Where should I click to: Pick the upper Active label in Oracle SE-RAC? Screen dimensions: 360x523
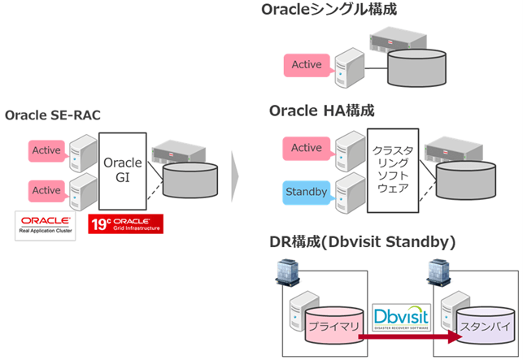[46, 150]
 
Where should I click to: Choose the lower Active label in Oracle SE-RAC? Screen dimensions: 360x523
[46, 190]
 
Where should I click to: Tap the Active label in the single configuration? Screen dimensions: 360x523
[306, 65]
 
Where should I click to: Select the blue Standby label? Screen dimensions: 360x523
[306, 192]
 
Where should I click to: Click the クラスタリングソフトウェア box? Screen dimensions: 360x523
[392, 171]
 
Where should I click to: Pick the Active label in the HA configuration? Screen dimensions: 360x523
[306, 148]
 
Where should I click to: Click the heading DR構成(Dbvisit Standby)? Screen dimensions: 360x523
[361, 241]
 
